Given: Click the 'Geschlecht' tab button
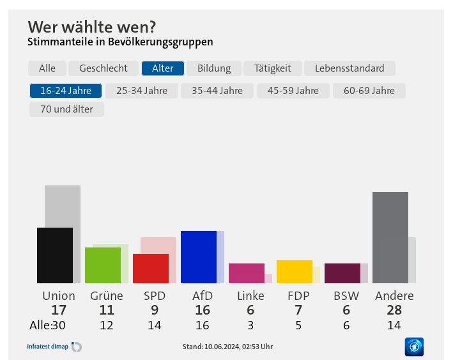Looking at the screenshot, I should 103,68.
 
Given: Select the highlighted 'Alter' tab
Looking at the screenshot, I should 162,68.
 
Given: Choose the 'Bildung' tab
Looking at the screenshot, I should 213,68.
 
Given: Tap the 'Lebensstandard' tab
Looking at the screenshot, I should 349,68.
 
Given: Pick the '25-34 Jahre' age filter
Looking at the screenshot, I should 141,90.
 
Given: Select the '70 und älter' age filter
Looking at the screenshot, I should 66,109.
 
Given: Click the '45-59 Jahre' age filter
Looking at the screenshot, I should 293,90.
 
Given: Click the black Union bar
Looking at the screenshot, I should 55,255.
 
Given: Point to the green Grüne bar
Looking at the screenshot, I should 103,265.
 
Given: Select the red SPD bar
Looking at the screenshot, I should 151,268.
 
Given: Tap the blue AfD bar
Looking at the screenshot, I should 199,256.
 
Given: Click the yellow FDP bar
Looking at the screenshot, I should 295,271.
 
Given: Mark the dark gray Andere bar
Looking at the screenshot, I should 390,237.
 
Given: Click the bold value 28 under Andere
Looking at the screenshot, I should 394,310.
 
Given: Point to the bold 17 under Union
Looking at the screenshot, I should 59,310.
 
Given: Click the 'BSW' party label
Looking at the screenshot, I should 346,295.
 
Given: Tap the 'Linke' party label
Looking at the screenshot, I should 250,295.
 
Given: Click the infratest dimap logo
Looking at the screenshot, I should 54,347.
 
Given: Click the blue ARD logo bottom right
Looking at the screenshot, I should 414,347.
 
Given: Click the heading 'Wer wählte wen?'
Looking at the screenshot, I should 91,27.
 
